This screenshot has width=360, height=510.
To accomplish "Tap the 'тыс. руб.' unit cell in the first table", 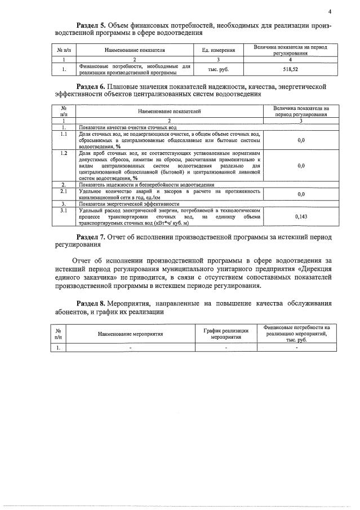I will (219, 69).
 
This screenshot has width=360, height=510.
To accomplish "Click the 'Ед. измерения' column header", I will (219, 51).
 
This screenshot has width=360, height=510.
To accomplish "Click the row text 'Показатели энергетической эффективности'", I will (129, 203).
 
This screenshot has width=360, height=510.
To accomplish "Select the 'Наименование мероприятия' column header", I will (130, 334).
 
